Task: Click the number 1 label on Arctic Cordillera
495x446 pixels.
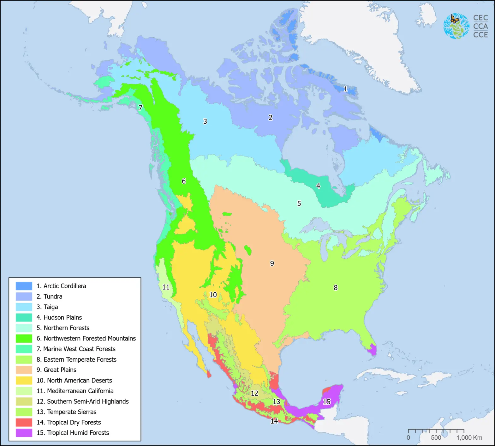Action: [345, 89]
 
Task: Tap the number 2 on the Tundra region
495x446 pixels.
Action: [270, 118]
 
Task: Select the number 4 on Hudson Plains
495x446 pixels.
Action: [318, 186]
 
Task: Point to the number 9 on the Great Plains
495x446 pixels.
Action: [272, 263]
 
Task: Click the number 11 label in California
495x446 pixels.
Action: [166, 287]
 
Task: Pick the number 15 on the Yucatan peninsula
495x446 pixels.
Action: [327, 402]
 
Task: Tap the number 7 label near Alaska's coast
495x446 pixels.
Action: [140, 108]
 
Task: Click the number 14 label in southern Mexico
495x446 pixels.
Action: [274, 421]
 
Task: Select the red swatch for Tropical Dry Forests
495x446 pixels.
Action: [24, 422]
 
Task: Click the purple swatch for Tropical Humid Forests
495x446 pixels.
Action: [24, 433]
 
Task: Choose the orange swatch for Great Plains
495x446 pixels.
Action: [24, 370]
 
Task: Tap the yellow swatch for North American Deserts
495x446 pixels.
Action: [24, 380]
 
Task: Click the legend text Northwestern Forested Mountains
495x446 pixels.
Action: [90, 339]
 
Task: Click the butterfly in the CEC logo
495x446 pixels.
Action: [455, 19]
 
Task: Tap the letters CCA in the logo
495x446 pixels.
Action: [480, 26]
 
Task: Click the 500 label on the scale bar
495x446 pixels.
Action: [436, 438]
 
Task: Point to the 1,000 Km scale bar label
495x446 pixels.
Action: [469, 438]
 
